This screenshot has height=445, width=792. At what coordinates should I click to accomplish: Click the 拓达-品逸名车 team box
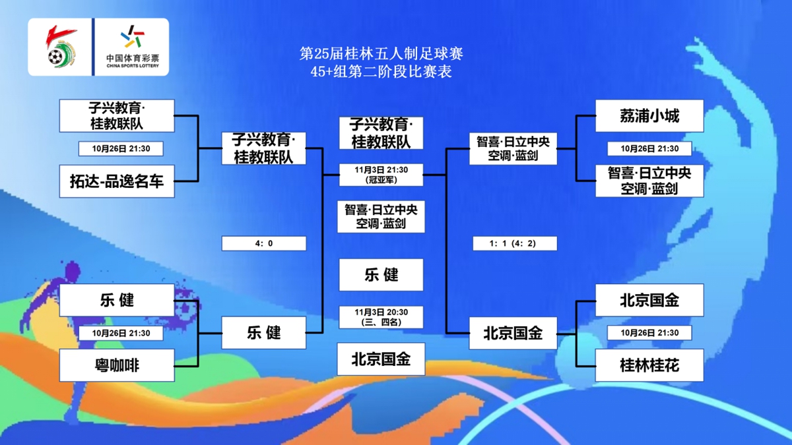pyautogui.click(x=117, y=181)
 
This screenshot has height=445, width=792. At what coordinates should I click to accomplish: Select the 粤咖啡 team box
pyautogui.click(x=117, y=365)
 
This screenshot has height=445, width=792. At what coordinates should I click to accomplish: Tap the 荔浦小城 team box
pyautogui.click(x=649, y=116)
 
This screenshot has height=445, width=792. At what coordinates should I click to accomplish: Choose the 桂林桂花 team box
pyautogui.click(x=649, y=365)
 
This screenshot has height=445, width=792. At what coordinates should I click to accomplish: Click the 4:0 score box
pyautogui.click(x=264, y=243)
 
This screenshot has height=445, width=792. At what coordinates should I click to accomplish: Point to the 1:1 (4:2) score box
pyautogui.click(x=515, y=243)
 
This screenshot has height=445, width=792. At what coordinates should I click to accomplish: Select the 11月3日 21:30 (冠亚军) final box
pyautogui.click(x=381, y=175)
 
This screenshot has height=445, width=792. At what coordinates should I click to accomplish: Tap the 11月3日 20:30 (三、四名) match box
pyautogui.click(x=381, y=317)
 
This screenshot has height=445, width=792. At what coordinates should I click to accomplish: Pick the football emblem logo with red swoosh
pyautogui.click(x=61, y=47)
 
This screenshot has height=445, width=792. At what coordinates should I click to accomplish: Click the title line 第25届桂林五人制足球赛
pyautogui.click(x=381, y=53)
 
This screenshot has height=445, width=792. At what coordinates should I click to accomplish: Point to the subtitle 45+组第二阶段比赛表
pyautogui.click(x=381, y=72)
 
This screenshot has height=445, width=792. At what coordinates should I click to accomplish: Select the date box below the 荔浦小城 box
pyautogui.click(x=649, y=149)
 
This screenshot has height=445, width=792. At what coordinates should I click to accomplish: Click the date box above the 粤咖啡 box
pyautogui.click(x=121, y=333)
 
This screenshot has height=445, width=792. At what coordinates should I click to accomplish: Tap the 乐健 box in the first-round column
pyautogui.click(x=117, y=300)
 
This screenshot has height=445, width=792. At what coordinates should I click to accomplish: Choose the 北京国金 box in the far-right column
pyautogui.click(x=649, y=300)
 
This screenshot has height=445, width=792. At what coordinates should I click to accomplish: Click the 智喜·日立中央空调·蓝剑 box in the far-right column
pyautogui.click(x=649, y=181)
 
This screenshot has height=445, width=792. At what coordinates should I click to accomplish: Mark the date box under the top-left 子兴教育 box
pyautogui.click(x=121, y=149)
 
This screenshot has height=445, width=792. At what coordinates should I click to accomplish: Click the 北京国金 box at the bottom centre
pyautogui.click(x=381, y=359)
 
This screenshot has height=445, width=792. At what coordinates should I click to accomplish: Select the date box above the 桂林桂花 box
pyautogui.click(x=649, y=333)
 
